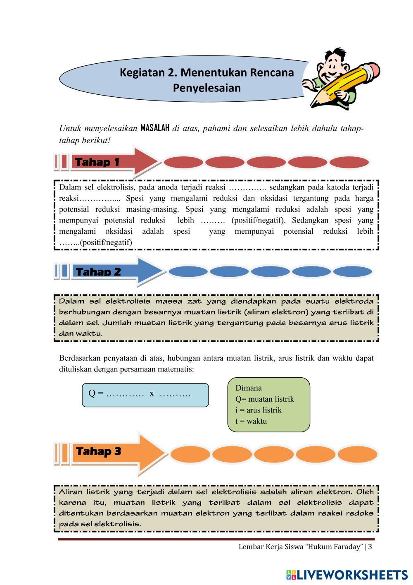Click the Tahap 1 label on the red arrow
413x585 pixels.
click(97, 162)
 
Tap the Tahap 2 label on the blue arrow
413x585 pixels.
click(98, 272)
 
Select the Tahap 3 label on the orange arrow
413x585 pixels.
click(98, 451)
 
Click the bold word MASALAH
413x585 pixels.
click(155, 128)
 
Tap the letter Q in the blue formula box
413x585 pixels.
click(92, 393)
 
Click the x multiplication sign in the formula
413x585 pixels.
click(152, 393)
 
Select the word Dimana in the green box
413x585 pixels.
click(248, 388)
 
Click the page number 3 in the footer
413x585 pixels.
click(370, 547)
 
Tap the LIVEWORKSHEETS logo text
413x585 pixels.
click(352, 574)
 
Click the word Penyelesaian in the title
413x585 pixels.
click(206, 88)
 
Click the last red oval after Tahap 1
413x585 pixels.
click(349, 162)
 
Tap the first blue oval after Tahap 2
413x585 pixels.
click(188, 272)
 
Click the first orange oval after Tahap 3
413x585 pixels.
click(190, 455)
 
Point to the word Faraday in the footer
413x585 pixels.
click(349, 547)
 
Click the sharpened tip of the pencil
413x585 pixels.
click(312, 105)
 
